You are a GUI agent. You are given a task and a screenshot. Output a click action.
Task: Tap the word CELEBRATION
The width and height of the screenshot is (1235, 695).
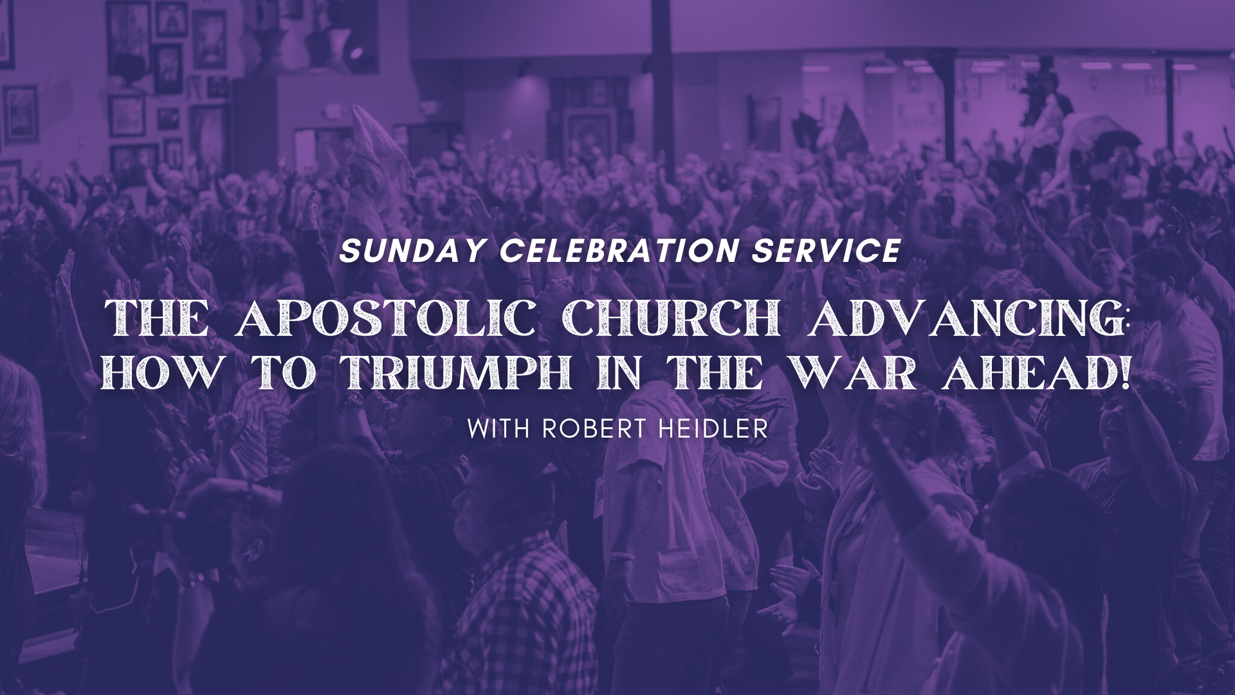(x=618, y=251)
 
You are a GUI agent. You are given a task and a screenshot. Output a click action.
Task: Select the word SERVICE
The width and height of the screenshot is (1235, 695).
(x=826, y=251)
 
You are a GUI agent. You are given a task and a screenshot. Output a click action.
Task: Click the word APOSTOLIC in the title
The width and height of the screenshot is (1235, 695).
(x=385, y=319)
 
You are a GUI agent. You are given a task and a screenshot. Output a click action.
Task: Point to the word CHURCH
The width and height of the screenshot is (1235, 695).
(x=672, y=319)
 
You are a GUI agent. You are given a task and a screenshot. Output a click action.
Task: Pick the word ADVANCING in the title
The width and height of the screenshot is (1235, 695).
(x=962, y=319)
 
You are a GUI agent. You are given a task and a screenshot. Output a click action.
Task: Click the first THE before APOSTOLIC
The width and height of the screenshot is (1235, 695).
(x=156, y=319)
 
